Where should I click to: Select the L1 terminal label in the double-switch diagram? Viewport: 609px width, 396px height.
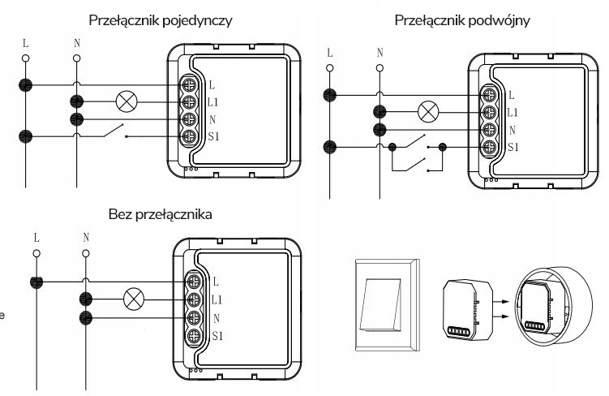513,114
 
